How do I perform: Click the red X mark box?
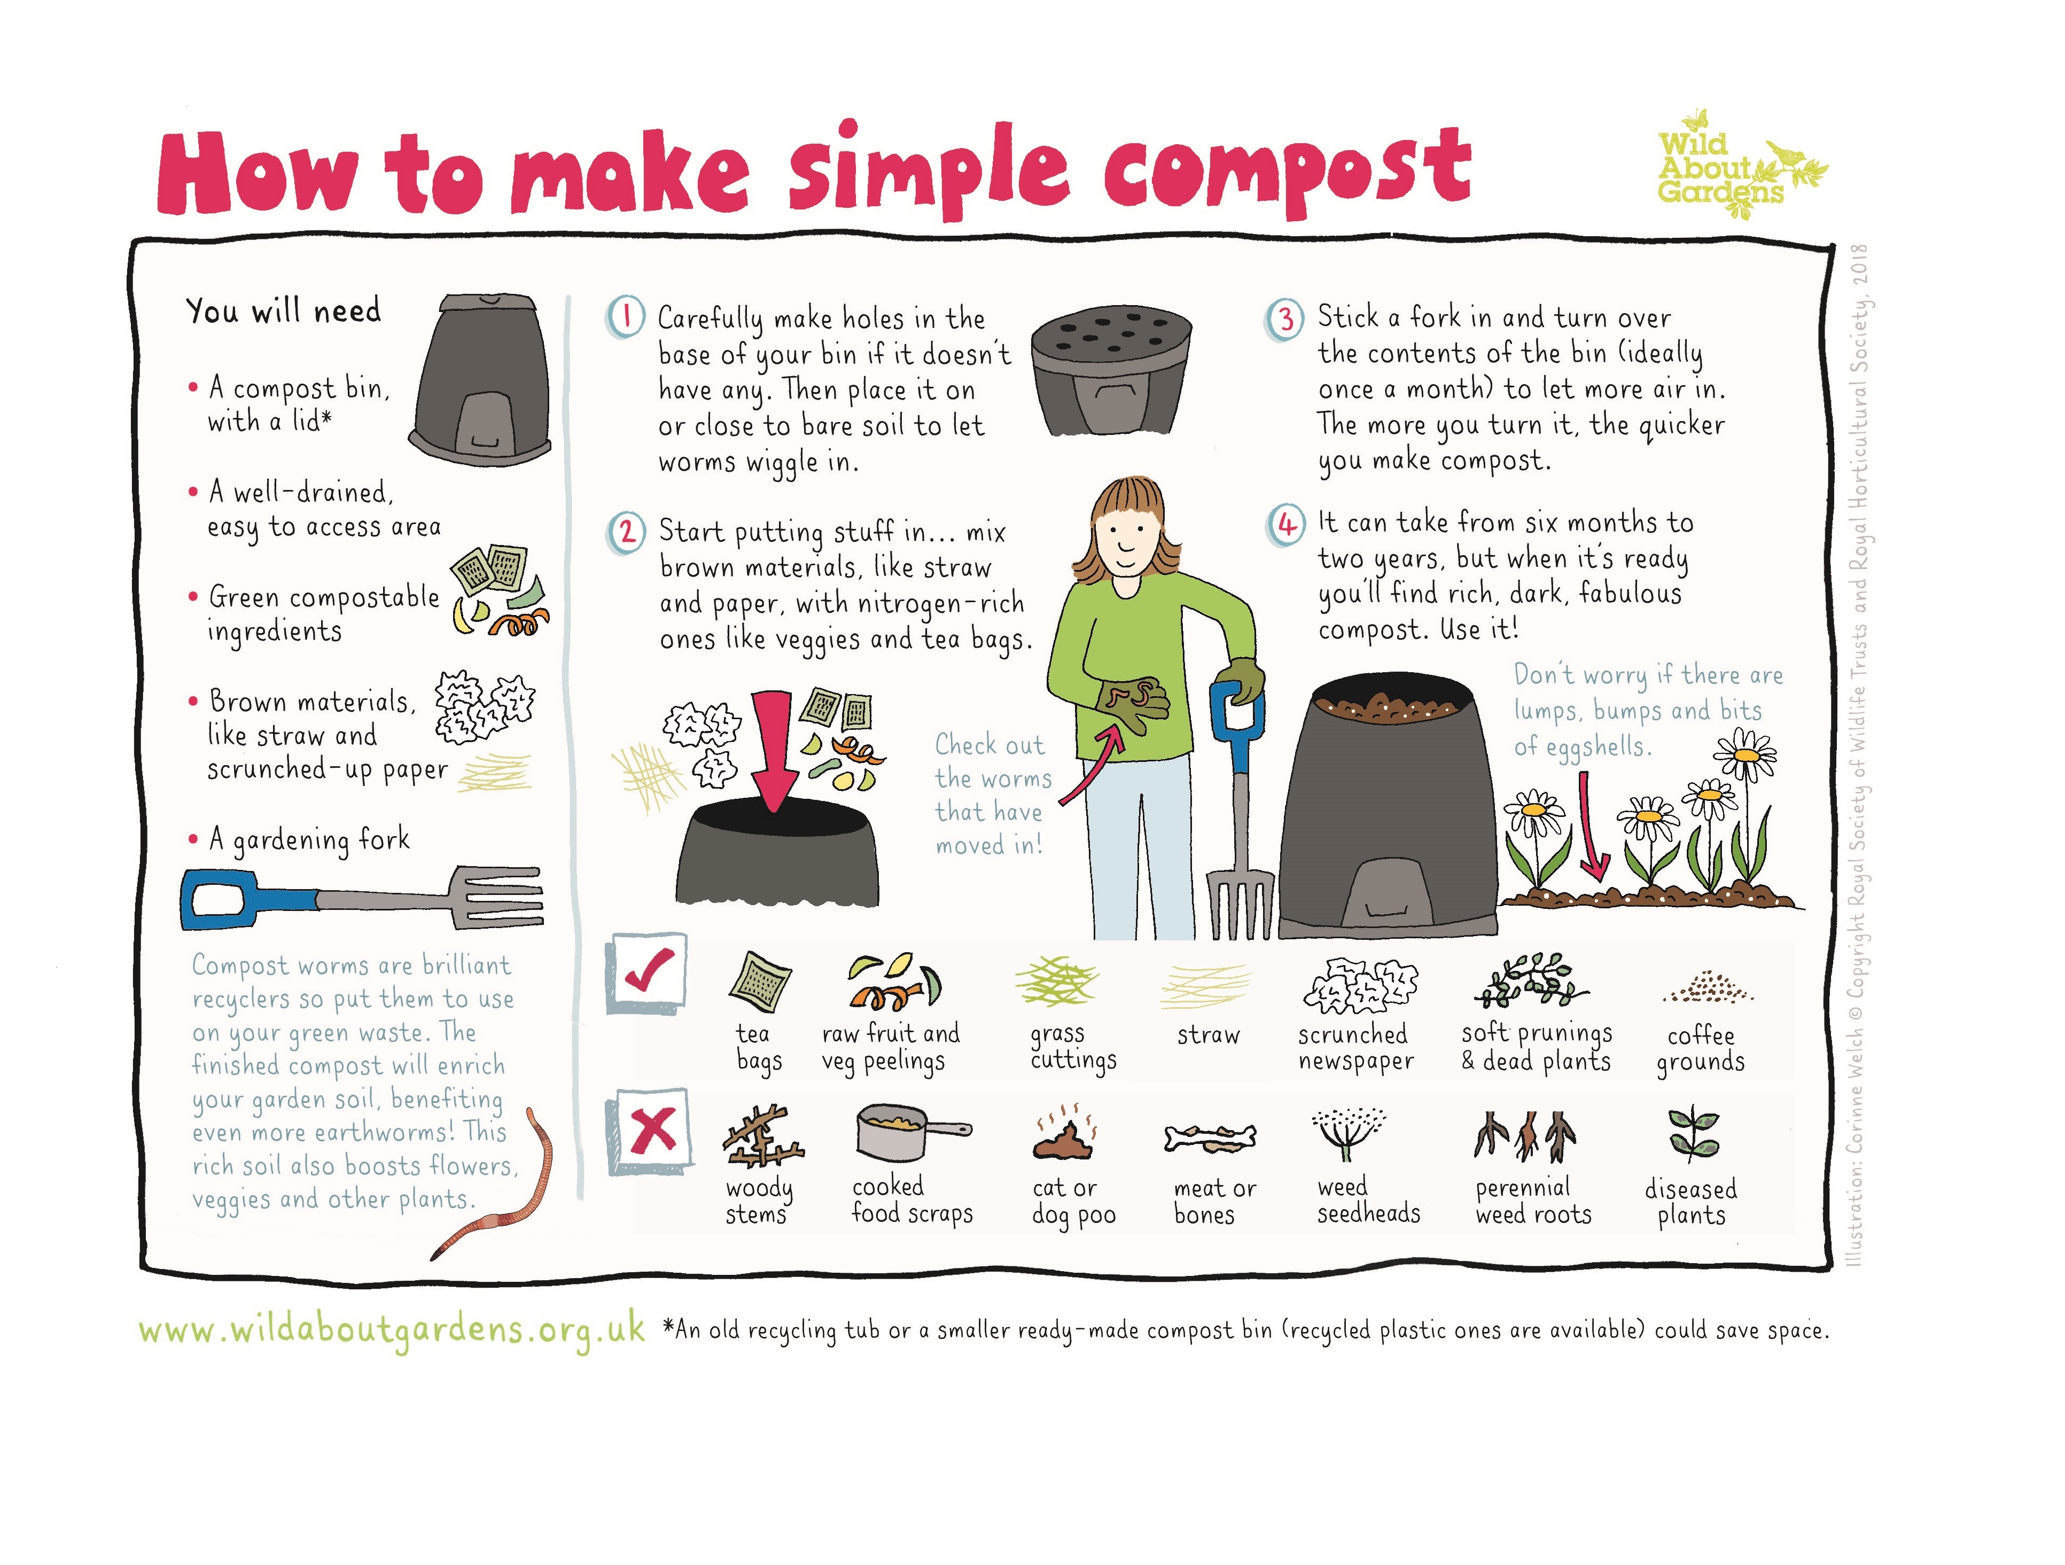click(651, 1130)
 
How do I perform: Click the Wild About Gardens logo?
click(1732, 168)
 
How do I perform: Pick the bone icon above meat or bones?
click(1210, 1138)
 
